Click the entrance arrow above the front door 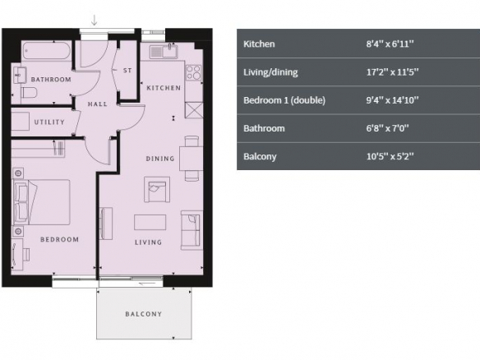(95, 21)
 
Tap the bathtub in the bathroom (47, 51)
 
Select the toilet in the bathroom (29, 92)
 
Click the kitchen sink (164, 51)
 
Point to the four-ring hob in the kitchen (193, 73)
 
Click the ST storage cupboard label (127, 71)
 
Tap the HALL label (97, 104)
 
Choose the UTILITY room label (49, 122)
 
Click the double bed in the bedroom (41, 202)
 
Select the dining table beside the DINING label (191, 159)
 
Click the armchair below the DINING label (157, 190)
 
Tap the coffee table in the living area (150, 222)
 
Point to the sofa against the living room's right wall (192, 230)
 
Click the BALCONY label (144, 314)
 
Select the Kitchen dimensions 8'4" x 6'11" (390, 44)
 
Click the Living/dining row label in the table (270, 72)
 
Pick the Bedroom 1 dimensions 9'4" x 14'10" (392, 100)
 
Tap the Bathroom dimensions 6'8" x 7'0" (387, 128)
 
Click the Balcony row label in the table (260, 156)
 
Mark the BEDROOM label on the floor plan (59, 239)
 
